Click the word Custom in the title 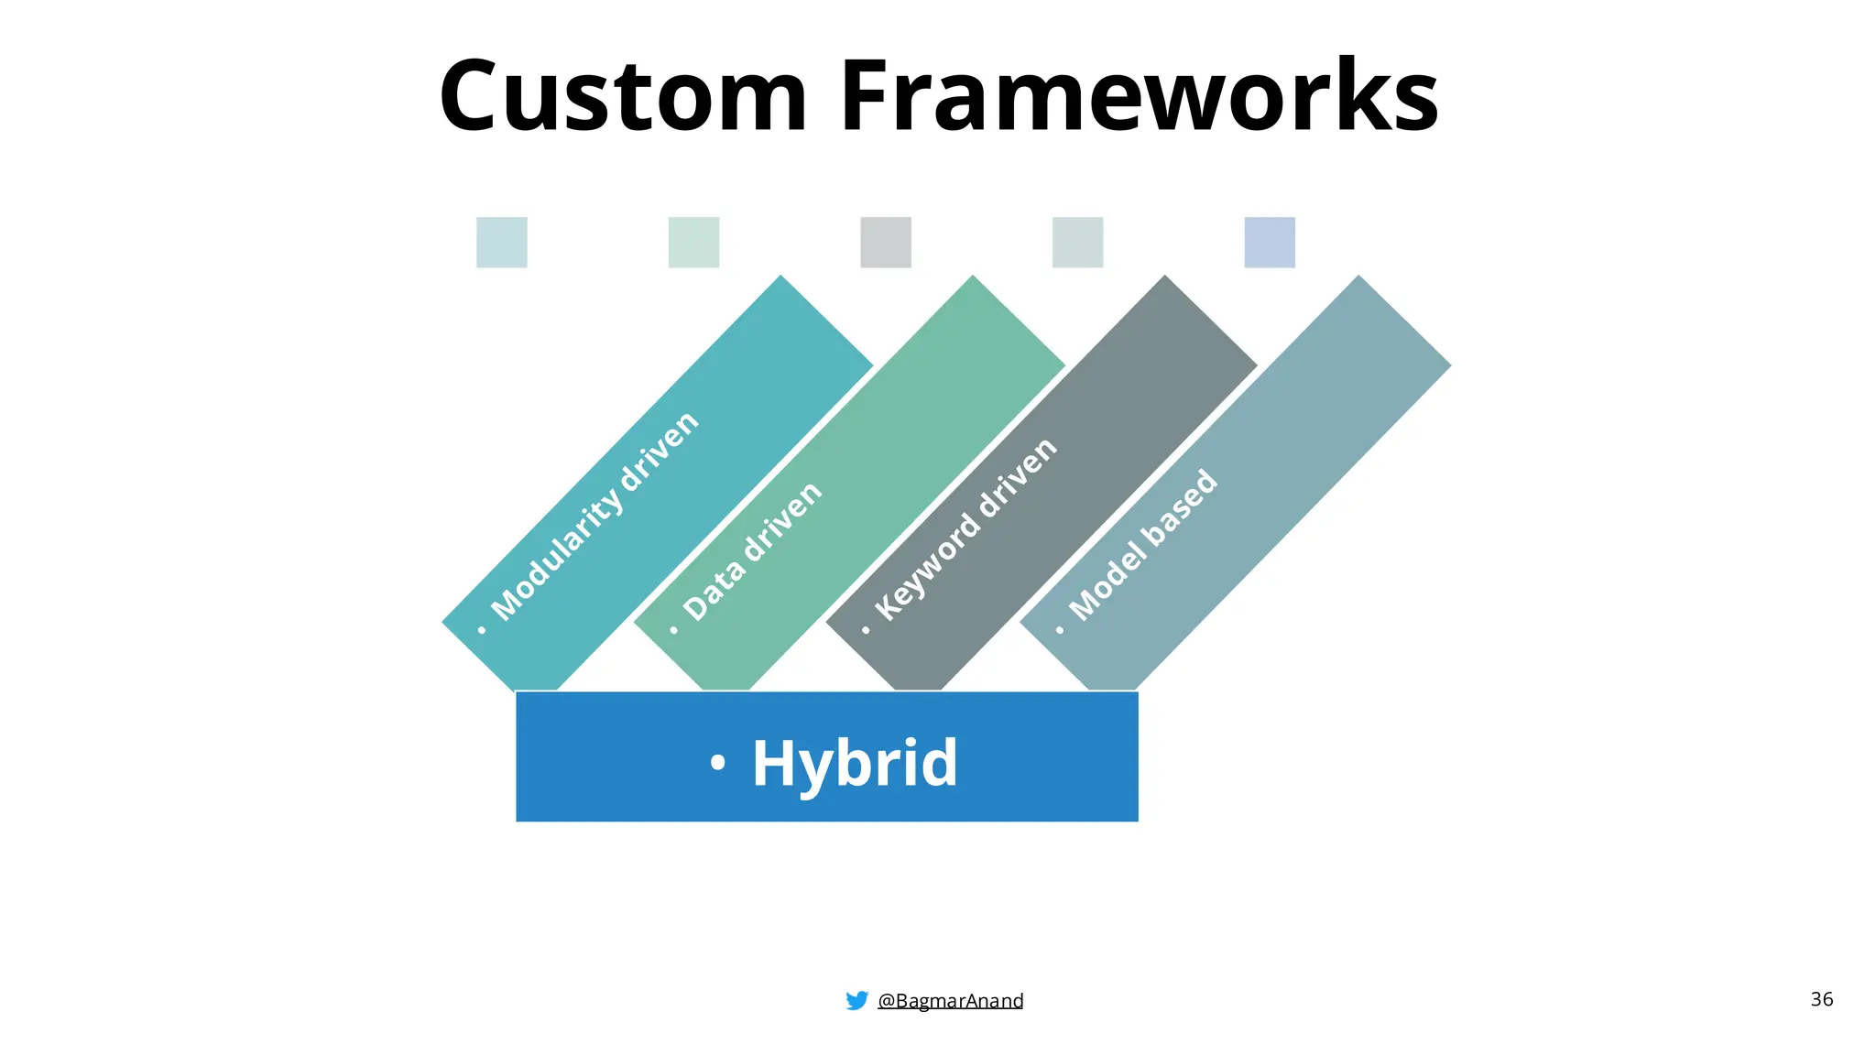click(623, 96)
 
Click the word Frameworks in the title click(1139, 96)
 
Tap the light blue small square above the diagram click(502, 243)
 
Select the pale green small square click(693, 243)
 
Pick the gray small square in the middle click(886, 243)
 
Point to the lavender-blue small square click(1270, 243)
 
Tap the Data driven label click(753, 551)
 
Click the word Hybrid click(855, 762)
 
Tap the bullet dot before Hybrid click(718, 762)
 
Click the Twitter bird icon click(856, 1000)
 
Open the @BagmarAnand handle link click(950, 1001)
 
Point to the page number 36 click(1821, 999)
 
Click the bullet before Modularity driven click(482, 630)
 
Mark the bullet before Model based click(1060, 630)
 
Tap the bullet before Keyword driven click(866, 630)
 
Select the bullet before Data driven click(674, 630)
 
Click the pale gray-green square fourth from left click(1077, 243)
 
